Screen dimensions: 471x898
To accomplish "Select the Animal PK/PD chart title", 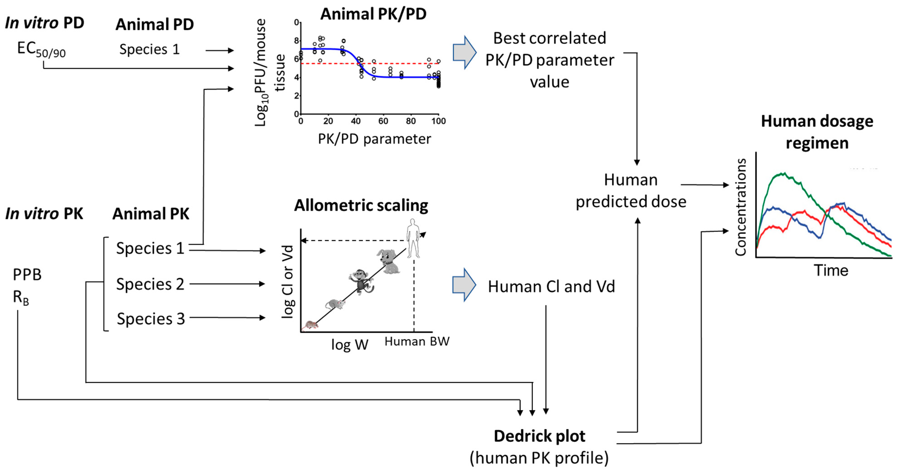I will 373,14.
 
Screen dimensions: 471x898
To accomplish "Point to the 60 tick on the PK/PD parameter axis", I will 383,121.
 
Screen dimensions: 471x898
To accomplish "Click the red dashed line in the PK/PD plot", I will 401,64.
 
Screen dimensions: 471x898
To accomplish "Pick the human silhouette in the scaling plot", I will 413,238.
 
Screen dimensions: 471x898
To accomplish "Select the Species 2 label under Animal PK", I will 150,284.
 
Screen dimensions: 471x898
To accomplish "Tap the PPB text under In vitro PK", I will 27,275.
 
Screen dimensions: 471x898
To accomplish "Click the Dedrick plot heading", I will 539,436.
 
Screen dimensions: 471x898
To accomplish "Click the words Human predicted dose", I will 631,191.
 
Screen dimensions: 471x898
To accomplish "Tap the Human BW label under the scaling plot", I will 417,341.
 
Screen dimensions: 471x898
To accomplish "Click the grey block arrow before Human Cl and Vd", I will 464,285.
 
